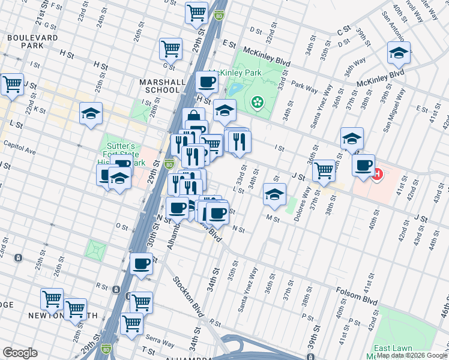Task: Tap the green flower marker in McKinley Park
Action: click(x=258, y=103)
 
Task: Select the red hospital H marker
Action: click(x=377, y=175)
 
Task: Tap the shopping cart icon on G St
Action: click(x=171, y=49)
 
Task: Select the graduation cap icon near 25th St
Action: click(x=91, y=113)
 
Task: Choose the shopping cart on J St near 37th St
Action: click(x=324, y=170)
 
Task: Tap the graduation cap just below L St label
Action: click(x=274, y=194)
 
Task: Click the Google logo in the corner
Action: click(x=20, y=352)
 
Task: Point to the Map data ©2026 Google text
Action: click(x=411, y=355)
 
